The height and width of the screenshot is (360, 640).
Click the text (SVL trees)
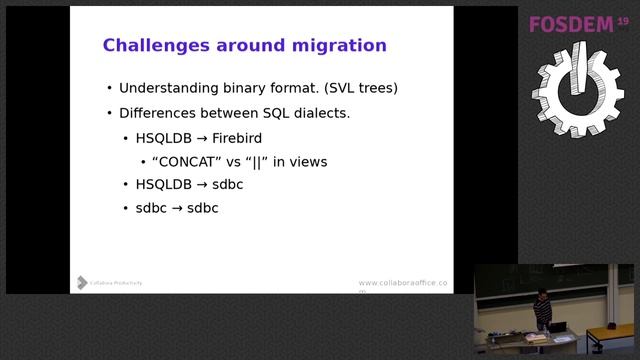pyautogui.click(x=361, y=88)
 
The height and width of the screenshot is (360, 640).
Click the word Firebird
pyautogui.click(x=237, y=138)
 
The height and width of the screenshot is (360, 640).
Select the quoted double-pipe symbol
pyautogui.click(x=259, y=161)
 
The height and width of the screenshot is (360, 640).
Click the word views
pyautogui.click(x=308, y=161)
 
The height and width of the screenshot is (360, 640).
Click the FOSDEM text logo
pyautogui.click(x=571, y=24)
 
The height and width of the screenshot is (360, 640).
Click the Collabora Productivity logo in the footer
pyautogui.click(x=109, y=283)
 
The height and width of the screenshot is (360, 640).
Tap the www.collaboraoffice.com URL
pyautogui.click(x=403, y=284)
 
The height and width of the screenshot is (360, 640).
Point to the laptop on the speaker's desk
pyautogui.click(x=558, y=326)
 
